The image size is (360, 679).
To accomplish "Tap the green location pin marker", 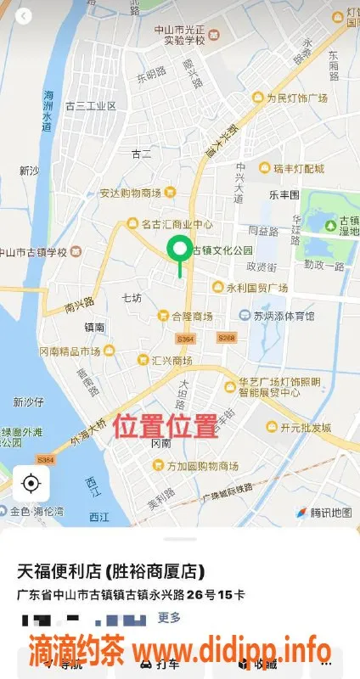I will click(x=179, y=250).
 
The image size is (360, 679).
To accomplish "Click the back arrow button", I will click(x=23, y=16).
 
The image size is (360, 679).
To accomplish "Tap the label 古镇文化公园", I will click(x=223, y=250).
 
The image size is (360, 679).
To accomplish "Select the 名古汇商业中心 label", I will click(x=176, y=224).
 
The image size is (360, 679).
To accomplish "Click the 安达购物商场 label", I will click(x=131, y=193).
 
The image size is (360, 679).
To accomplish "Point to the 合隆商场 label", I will click(x=191, y=316).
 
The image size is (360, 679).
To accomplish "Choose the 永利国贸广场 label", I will click(x=256, y=287).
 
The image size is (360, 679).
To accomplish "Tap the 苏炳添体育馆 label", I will click(x=284, y=316).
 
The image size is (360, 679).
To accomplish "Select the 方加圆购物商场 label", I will click(x=201, y=465).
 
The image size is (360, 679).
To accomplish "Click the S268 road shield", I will click(x=226, y=338).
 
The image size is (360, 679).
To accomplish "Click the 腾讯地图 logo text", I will click(x=330, y=513).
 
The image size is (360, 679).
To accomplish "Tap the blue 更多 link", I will click(x=169, y=617).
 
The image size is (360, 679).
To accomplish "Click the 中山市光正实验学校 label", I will click(x=178, y=34).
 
